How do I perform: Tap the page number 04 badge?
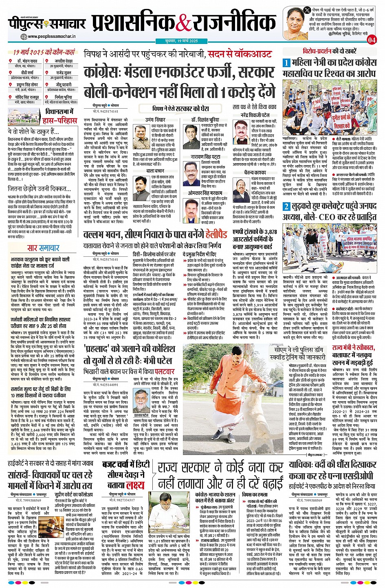pos(372,40)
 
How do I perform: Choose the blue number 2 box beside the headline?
pos(286,206)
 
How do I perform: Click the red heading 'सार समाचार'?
pos(43,248)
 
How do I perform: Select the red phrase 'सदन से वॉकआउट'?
pos(240,54)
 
